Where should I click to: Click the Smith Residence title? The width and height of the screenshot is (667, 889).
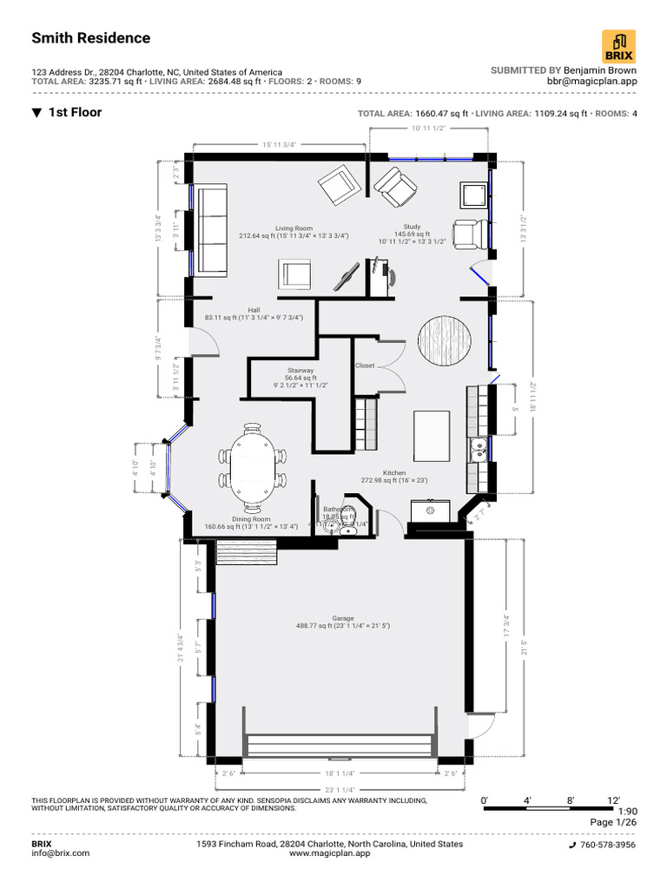coord(91,38)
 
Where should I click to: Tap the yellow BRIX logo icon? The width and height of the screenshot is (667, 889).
coord(618,46)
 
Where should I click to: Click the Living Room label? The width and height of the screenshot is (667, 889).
coord(294,227)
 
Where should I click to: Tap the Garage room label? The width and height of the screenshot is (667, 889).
coord(342,619)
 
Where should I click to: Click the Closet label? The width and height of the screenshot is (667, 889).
coord(365,365)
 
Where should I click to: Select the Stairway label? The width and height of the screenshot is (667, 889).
coord(288,371)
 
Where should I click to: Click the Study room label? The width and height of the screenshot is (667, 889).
coord(411,227)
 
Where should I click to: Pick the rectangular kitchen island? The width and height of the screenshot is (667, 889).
coord(432,437)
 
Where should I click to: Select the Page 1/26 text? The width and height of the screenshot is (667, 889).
coord(613,822)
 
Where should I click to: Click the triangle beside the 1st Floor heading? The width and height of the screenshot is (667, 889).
coord(37,113)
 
